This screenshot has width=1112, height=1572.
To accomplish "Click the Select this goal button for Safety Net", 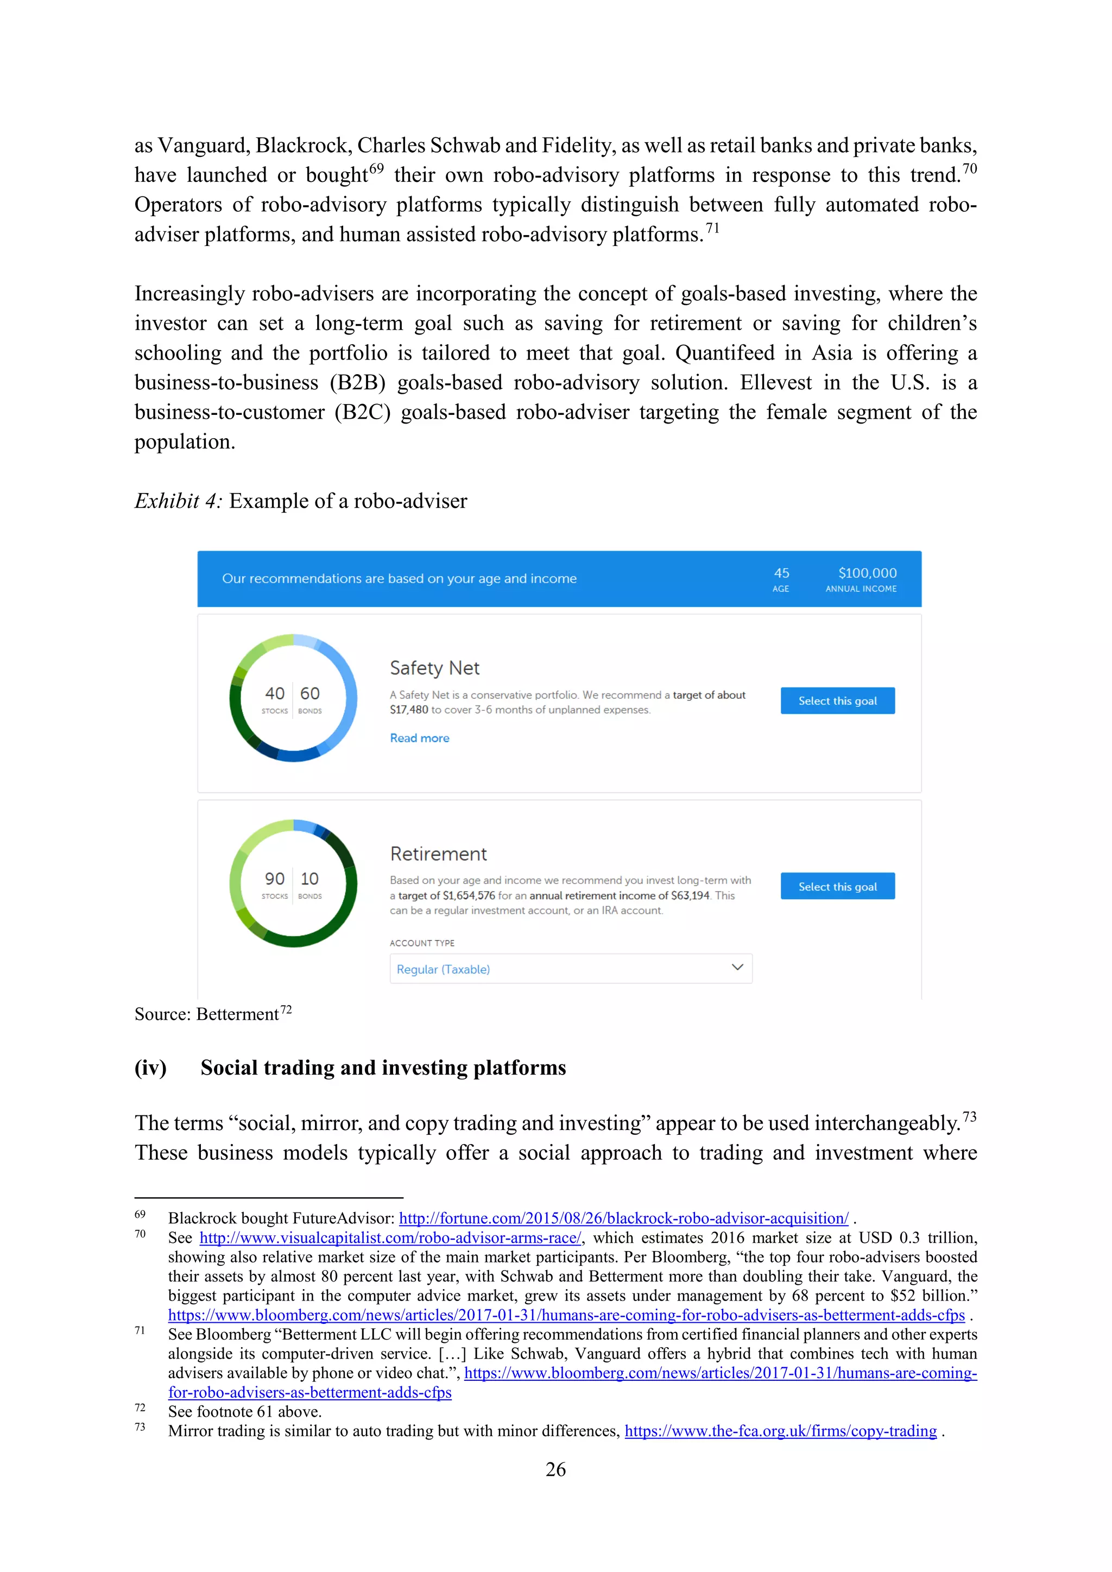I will click(837, 700).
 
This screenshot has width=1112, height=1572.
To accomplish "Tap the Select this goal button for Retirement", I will click(837, 886).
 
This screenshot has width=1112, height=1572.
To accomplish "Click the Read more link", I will click(419, 738).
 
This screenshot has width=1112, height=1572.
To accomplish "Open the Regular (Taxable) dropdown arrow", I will click(737, 968).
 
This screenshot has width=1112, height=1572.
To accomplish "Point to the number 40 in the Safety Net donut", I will click(275, 693).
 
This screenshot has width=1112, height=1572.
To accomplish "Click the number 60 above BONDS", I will click(309, 693).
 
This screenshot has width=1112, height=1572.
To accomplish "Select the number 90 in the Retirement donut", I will click(275, 879).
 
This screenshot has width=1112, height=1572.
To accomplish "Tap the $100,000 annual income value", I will click(867, 573).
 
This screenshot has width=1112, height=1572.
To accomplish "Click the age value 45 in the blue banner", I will click(781, 573).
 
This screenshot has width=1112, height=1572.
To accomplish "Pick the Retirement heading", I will click(438, 854).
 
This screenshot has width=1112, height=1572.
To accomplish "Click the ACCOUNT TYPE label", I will click(422, 943).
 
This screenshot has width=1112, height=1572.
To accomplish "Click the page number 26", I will click(555, 1469).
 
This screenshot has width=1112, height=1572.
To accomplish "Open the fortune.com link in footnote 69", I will click(623, 1218).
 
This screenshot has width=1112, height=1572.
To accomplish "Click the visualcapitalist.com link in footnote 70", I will click(390, 1238).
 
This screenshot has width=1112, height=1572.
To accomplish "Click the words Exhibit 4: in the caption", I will click(178, 501).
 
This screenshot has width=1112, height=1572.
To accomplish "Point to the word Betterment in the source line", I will click(238, 1014).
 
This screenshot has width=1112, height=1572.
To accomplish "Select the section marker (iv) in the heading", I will click(150, 1068).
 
